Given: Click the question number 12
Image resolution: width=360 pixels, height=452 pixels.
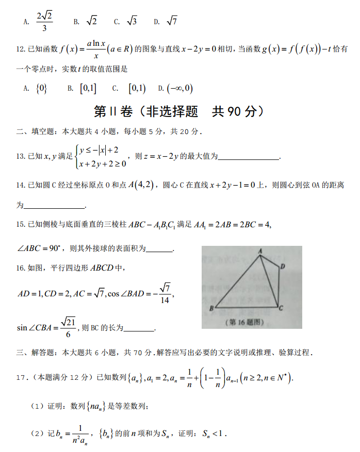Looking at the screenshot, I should (x=21, y=49).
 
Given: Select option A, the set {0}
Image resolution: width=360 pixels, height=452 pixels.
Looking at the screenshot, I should (x=41, y=89).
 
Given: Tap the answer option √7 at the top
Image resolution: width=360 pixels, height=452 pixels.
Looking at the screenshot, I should (x=172, y=21).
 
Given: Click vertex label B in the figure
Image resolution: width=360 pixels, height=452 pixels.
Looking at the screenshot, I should (x=211, y=309).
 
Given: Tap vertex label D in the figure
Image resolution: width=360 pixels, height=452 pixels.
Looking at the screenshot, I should (x=283, y=266).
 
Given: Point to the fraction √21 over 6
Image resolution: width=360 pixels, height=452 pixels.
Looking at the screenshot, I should (x=68, y=327).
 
